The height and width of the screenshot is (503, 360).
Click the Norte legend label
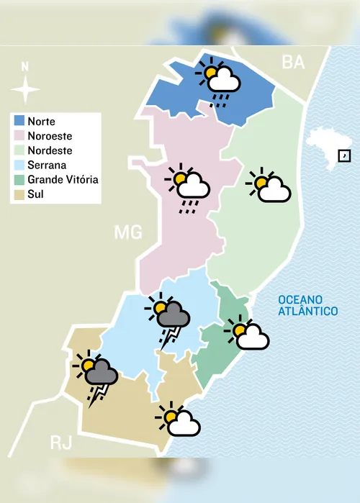pyautogui.click(x=42, y=122)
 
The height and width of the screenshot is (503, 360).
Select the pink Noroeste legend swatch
pyautogui.click(x=19, y=136)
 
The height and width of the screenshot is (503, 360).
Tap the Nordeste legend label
pyautogui.click(x=50, y=150)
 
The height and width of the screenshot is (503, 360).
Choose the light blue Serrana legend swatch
pyautogui.click(x=19, y=165)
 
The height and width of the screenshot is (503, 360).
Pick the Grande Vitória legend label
pyautogui.click(x=63, y=179)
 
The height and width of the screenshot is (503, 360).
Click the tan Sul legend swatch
pyautogui.click(x=19, y=194)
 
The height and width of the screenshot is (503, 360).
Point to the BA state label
pyautogui.click(x=293, y=63)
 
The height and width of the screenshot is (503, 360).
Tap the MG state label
pyautogui.click(x=128, y=232)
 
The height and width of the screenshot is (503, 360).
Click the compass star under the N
pyautogui.click(x=26, y=91)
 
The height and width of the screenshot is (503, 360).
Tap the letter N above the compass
pyautogui.click(x=26, y=67)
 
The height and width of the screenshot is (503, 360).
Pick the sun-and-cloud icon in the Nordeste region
pyautogui.click(x=269, y=187)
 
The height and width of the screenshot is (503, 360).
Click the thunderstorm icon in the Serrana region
pyautogui.click(x=168, y=317)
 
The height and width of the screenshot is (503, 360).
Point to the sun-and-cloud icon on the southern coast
pyautogui.click(x=178, y=421)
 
